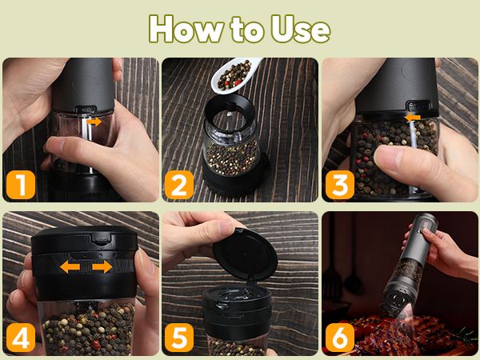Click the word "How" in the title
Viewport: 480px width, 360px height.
coord(186,29)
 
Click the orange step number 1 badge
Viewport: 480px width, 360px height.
coord(21,185)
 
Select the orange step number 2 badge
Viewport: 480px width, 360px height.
coord(179,185)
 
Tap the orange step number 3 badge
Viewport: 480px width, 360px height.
coord(340,185)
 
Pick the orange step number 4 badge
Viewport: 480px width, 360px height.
coord(21,338)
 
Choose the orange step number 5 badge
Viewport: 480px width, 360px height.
coord(179,338)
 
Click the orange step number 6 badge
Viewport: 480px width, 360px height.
coord(340,338)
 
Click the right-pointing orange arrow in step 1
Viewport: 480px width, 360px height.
coord(94,122)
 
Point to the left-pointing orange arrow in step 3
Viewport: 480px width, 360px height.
coord(412,118)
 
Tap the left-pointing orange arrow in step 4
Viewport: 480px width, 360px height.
coord(70,267)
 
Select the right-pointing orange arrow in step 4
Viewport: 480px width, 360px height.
coord(102,266)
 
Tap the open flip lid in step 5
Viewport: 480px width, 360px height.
coord(245,254)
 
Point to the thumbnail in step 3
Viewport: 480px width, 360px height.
coord(388,158)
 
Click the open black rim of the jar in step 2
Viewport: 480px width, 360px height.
coord(230,106)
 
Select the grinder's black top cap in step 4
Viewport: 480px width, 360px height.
coord(84,240)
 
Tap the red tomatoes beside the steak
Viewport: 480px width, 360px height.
coord(364,326)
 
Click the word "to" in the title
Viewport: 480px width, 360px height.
coord(247,29)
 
